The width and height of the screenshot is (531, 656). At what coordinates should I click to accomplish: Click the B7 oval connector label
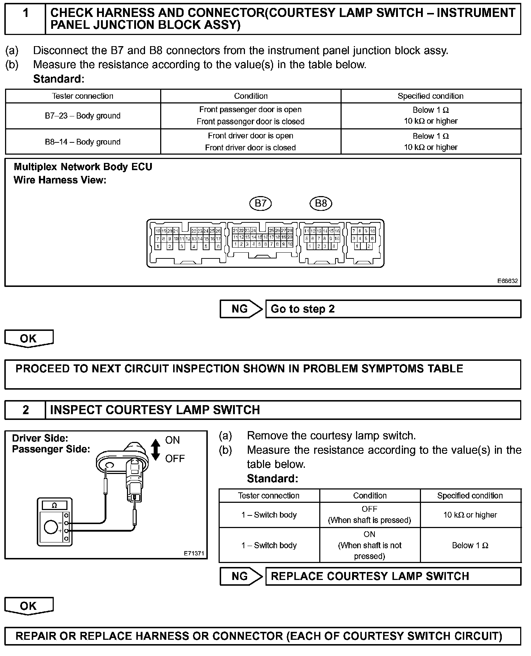pos(260,203)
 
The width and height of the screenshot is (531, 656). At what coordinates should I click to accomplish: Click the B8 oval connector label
pos(321,203)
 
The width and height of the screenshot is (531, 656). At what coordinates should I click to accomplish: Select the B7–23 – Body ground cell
pos(83,116)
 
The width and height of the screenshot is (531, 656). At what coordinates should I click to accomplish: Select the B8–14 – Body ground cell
pos(83,142)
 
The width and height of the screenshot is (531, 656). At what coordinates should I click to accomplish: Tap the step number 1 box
pos(25,19)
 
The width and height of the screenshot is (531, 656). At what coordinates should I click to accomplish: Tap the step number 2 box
pos(25,410)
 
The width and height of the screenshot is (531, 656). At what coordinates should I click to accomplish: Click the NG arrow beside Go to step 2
pos(241,309)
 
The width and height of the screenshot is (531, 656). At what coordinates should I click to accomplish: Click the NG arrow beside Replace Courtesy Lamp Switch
pos(241,576)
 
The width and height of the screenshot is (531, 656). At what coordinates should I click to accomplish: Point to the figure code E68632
pos(508,281)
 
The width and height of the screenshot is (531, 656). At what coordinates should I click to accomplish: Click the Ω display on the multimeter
pos(54,505)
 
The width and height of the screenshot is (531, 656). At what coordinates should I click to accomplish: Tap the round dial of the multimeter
pos(50,527)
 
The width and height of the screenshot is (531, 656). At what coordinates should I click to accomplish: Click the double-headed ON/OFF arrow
pos(155,449)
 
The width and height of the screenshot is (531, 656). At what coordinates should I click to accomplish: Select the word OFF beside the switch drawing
pos(175,459)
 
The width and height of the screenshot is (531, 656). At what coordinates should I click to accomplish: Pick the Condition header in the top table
pos(251,96)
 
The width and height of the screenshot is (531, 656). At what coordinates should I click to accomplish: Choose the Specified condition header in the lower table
pos(470,496)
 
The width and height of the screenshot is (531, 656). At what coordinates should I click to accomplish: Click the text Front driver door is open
pos(250,136)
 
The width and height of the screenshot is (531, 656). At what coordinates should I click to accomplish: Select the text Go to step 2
pos(303,309)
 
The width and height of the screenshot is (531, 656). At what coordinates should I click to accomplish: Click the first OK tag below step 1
pos(28,339)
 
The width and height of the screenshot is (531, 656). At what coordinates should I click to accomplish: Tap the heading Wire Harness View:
pos(60,180)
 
